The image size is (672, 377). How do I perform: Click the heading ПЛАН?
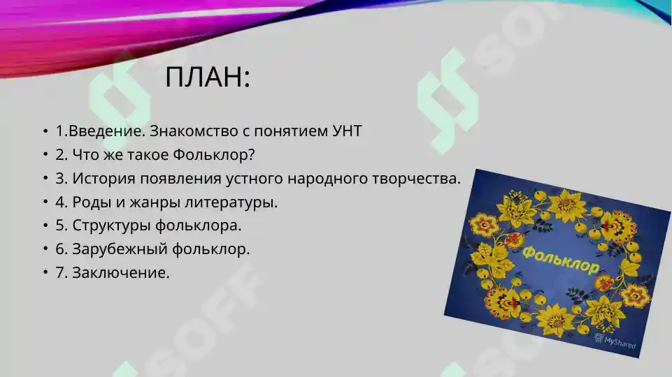tap(208, 77)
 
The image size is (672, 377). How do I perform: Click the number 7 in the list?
tap(60, 272)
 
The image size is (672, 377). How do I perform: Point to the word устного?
tap(252, 178)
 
